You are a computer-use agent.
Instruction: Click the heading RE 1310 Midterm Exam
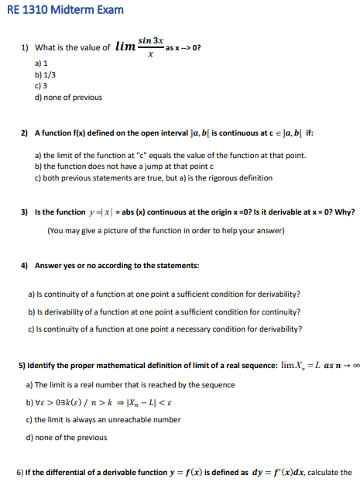(53, 11)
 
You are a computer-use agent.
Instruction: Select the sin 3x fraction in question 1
(150, 46)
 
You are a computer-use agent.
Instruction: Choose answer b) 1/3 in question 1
(45, 74)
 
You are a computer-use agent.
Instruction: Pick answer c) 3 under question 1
(42, 85)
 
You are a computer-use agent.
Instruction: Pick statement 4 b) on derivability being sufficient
(163, 311)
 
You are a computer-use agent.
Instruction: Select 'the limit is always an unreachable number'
(104, 419)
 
